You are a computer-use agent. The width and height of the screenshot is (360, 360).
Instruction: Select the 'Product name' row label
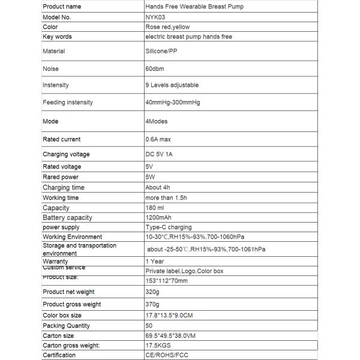click(x=62, y=7)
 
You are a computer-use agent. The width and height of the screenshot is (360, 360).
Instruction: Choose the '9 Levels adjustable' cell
click(x=172, y=85)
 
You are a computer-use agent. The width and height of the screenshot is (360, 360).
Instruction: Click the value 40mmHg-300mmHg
click(x=173, y=103)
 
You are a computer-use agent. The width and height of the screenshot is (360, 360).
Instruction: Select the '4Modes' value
click(x=157, y=121)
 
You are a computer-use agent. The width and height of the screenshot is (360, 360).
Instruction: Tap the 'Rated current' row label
click(x=62, y=139)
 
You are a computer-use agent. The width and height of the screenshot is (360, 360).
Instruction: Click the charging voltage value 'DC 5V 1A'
click(x=162, y=154)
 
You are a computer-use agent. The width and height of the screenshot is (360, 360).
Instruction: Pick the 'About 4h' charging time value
click(x=158, y=187)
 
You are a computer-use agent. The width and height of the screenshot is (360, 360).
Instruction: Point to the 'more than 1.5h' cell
click(x=167, y=197)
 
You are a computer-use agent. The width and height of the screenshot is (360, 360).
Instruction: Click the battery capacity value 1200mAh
click(x=159, y=217)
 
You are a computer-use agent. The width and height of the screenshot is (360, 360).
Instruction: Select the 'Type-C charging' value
click(x=169, y=227)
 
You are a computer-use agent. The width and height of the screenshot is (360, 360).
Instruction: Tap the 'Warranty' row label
click(x=56, y=262)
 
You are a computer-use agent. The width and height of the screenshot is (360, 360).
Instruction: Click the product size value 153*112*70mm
click(x=167, y=281)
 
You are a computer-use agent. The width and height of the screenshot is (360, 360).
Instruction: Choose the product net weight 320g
click(x=153, y=292)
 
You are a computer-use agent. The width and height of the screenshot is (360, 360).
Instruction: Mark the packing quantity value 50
click(x=149, y=326)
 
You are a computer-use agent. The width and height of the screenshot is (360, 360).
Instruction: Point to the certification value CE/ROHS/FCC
click(x=168, y=355)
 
